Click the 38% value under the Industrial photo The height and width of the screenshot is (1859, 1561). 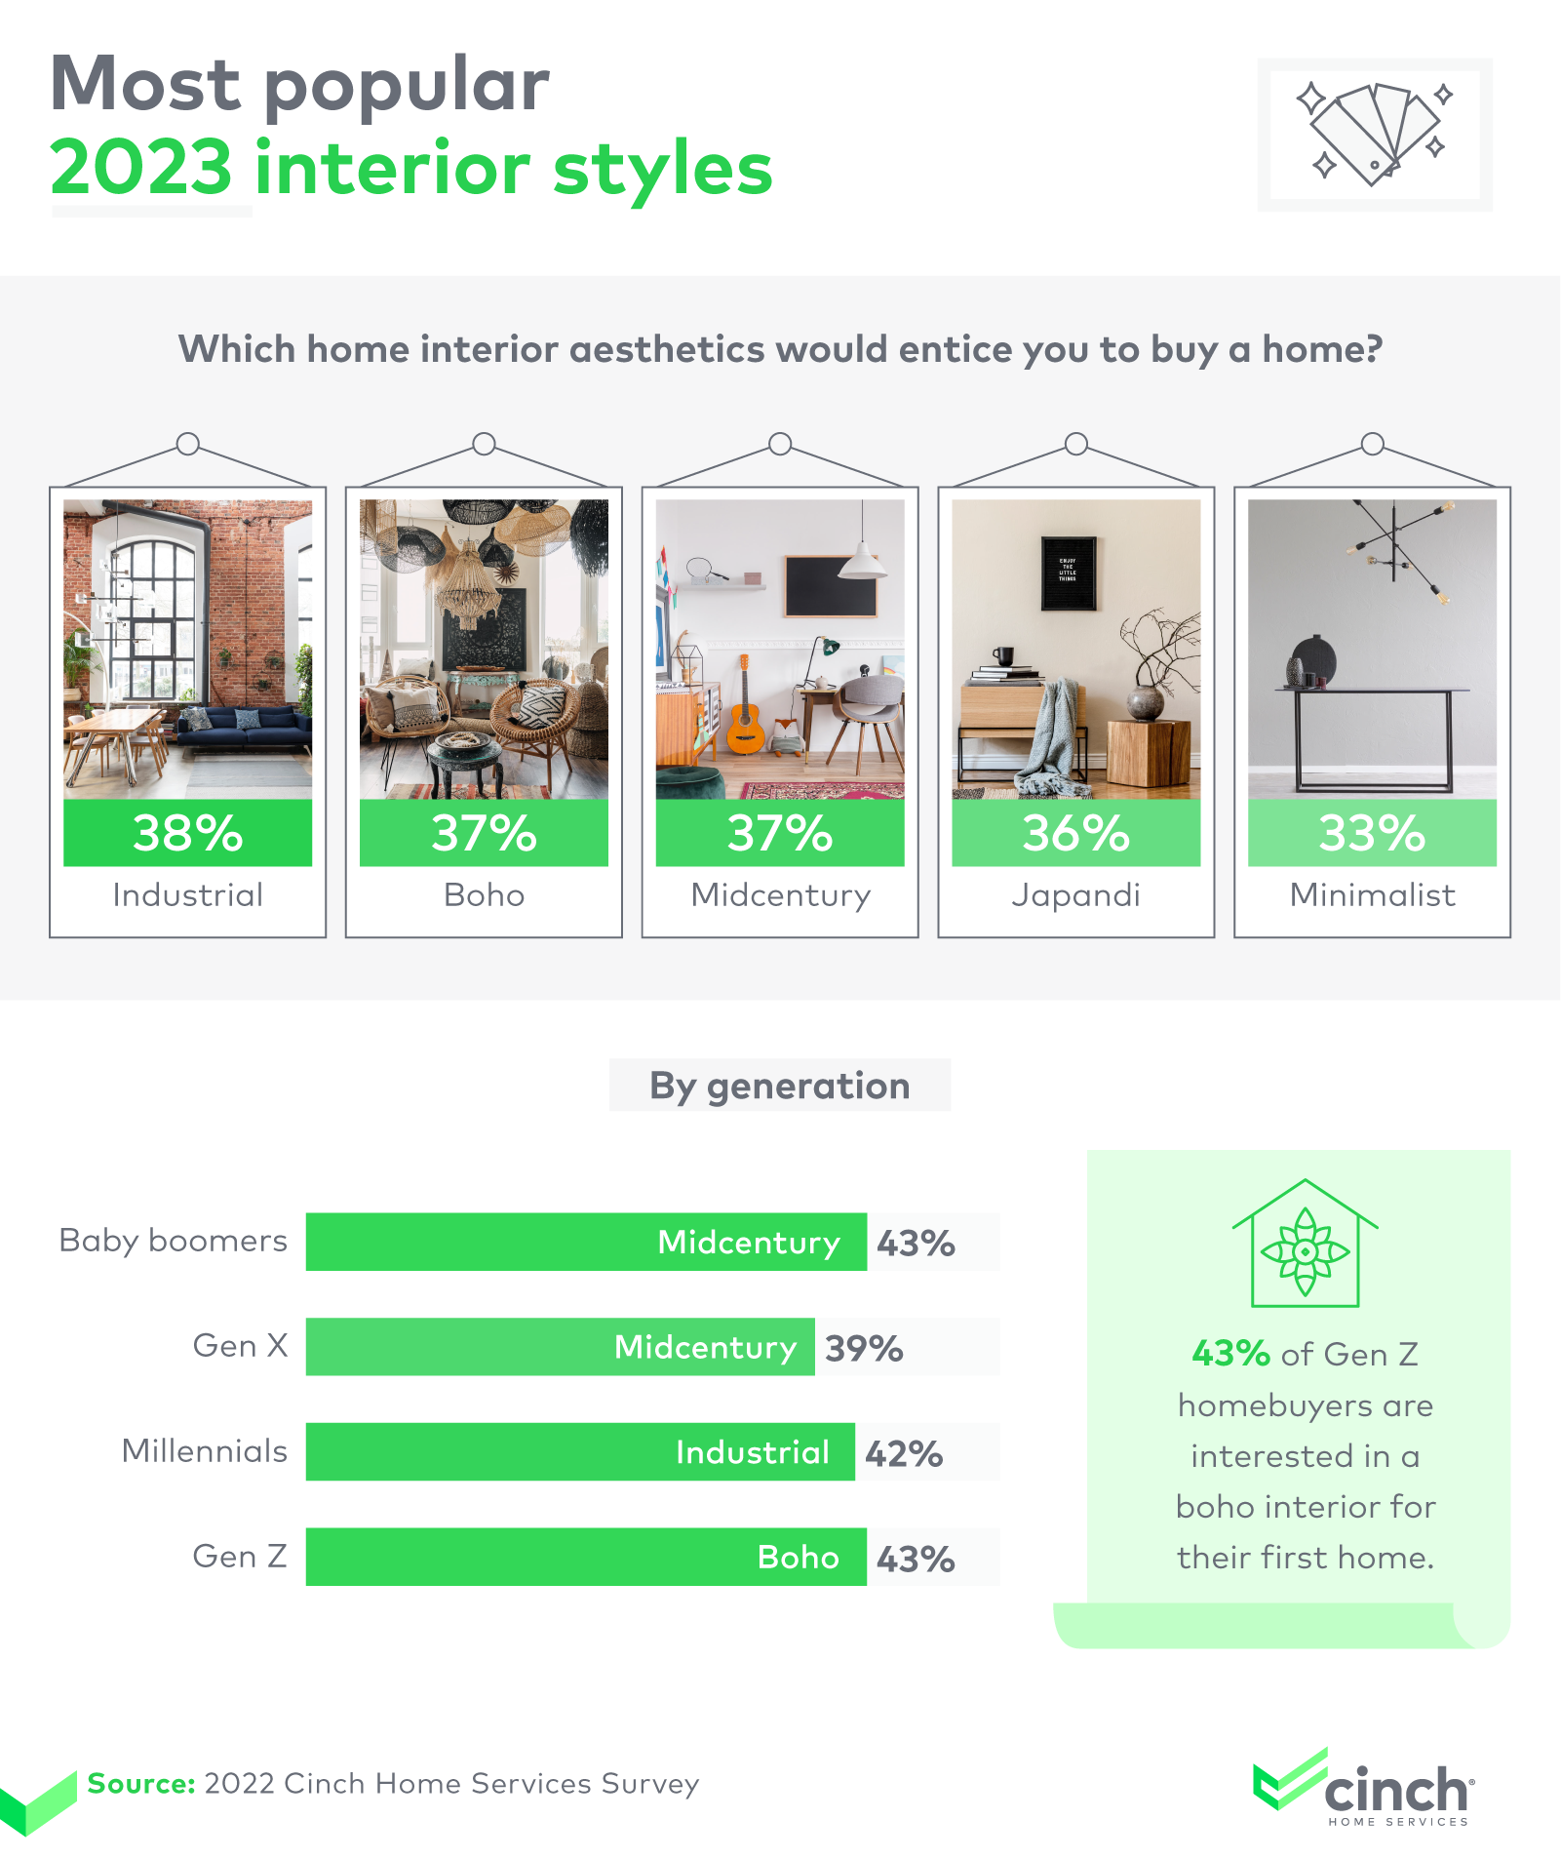(187, 834)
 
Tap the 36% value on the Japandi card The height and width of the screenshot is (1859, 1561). (1075, 834)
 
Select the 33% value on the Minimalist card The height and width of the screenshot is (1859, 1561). (1372, 834)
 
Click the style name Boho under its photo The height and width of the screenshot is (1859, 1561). (484, 894)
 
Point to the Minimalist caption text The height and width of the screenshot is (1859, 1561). (1372, 894)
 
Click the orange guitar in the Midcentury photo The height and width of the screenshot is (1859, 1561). (745, 707)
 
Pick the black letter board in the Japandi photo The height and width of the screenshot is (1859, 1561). (1069, 573)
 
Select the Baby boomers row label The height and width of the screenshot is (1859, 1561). (173, 1241)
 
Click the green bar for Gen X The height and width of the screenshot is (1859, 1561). (560, 1347)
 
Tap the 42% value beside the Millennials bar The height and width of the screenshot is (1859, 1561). (904, 1453)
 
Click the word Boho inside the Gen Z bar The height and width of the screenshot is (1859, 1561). (799, 1557)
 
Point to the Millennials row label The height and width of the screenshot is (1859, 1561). (204, 1451)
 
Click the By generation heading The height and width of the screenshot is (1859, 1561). (780, 1086)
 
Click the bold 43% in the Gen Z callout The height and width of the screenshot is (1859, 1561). (1230, 1354)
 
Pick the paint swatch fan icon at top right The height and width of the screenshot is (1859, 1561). (1375, 135)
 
